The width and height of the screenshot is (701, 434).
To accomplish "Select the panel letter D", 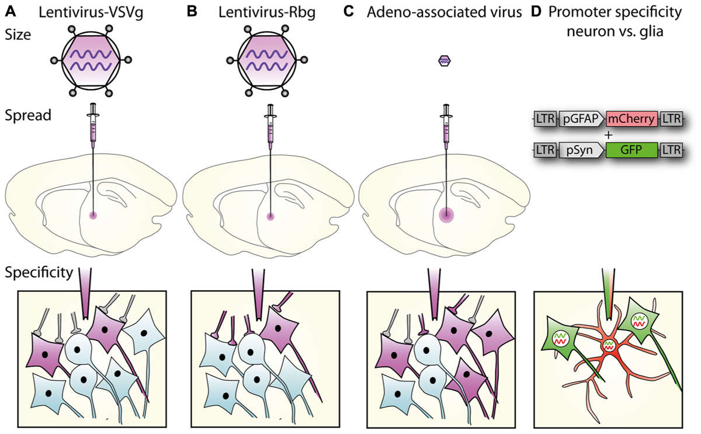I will click(537, 11).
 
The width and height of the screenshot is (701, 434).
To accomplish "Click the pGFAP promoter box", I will click(582, 119).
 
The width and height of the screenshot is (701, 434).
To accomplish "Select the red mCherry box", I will click(633, 119).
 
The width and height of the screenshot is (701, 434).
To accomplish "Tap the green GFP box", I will click(633, 150).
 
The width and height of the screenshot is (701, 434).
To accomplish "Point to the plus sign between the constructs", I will click(608, 135).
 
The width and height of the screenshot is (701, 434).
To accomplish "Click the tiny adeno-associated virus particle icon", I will click(446, 60).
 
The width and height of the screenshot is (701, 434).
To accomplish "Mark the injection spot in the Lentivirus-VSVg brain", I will click(92, 215).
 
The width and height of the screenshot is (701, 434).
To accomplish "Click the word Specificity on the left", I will click(37, 272).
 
